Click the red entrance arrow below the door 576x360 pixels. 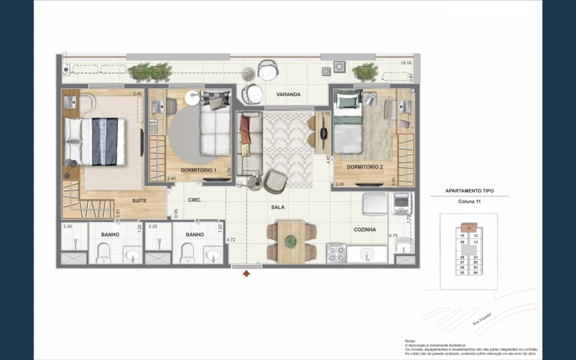[x=246, y=273]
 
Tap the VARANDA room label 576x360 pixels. [x=288, y=94]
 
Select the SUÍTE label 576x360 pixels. [x=139, y=200]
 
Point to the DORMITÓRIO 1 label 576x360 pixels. [x=198, y=170]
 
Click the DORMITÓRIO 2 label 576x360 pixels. [x=365, y=167]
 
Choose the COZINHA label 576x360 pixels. [x=364, y=229]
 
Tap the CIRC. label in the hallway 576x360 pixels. [x=195, y=200]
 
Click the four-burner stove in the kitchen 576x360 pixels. [x=336, y=254]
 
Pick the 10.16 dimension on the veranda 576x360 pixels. [x=406, y=63]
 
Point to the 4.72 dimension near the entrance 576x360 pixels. [x=231, y=240]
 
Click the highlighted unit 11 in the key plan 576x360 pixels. [x=469, y=228]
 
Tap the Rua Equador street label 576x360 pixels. [x=482, y=319]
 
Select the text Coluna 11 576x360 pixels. [x=469, y=201]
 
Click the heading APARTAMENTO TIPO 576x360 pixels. [x=469, y=191]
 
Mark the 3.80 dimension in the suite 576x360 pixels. [x=118, y=213]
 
